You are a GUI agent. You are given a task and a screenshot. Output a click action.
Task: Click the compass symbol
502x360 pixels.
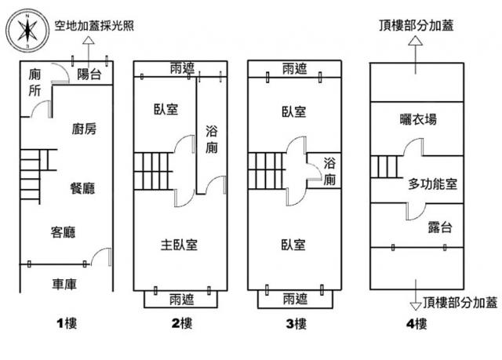coord(27,31)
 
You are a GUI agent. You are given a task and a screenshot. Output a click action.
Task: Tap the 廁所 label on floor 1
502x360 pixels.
coord(34,82)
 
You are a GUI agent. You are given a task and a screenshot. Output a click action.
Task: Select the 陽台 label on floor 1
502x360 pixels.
coord(90,74)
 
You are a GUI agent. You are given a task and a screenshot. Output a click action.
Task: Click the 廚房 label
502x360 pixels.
coord(84,129)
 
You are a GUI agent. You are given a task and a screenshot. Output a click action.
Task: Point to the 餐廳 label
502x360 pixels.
coord(82,188)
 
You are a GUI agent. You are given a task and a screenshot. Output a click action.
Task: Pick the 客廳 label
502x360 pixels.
coord(64,231)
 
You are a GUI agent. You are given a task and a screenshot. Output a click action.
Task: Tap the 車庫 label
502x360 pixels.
coord(64,284)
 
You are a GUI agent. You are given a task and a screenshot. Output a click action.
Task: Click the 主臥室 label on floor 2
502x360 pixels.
coord(179,245)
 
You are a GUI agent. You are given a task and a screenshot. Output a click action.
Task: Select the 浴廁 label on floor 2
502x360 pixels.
coord(212,139)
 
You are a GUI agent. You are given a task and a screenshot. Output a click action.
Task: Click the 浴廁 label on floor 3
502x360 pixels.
coord(330,172)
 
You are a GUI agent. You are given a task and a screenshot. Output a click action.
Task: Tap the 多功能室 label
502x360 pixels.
coord(432,184)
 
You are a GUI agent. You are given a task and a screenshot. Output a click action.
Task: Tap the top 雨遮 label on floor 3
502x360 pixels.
coord(295,69)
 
